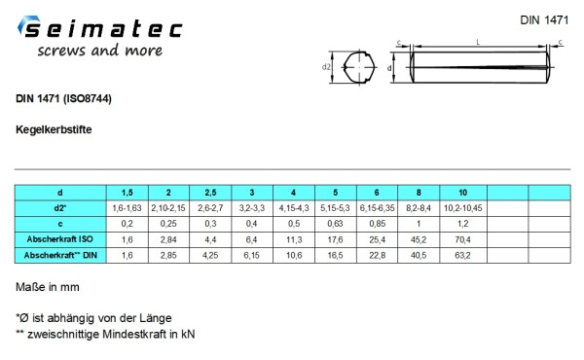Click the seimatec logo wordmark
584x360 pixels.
[x=100, y=27]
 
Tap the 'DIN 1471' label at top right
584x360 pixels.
[x=544, y=20]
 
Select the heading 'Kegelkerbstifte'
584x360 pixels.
[x=54, y=129]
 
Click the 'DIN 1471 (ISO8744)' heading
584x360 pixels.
[x=63, y=98]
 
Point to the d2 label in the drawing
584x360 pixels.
[x=326, y=67]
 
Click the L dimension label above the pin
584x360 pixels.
[x=478, y=43]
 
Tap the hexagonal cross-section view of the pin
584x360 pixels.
[x=359, y=67]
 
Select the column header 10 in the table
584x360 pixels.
[x=463, y=193]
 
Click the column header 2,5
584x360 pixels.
[x=210, y=193]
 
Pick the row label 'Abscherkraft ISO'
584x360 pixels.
[x=60, y=239]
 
